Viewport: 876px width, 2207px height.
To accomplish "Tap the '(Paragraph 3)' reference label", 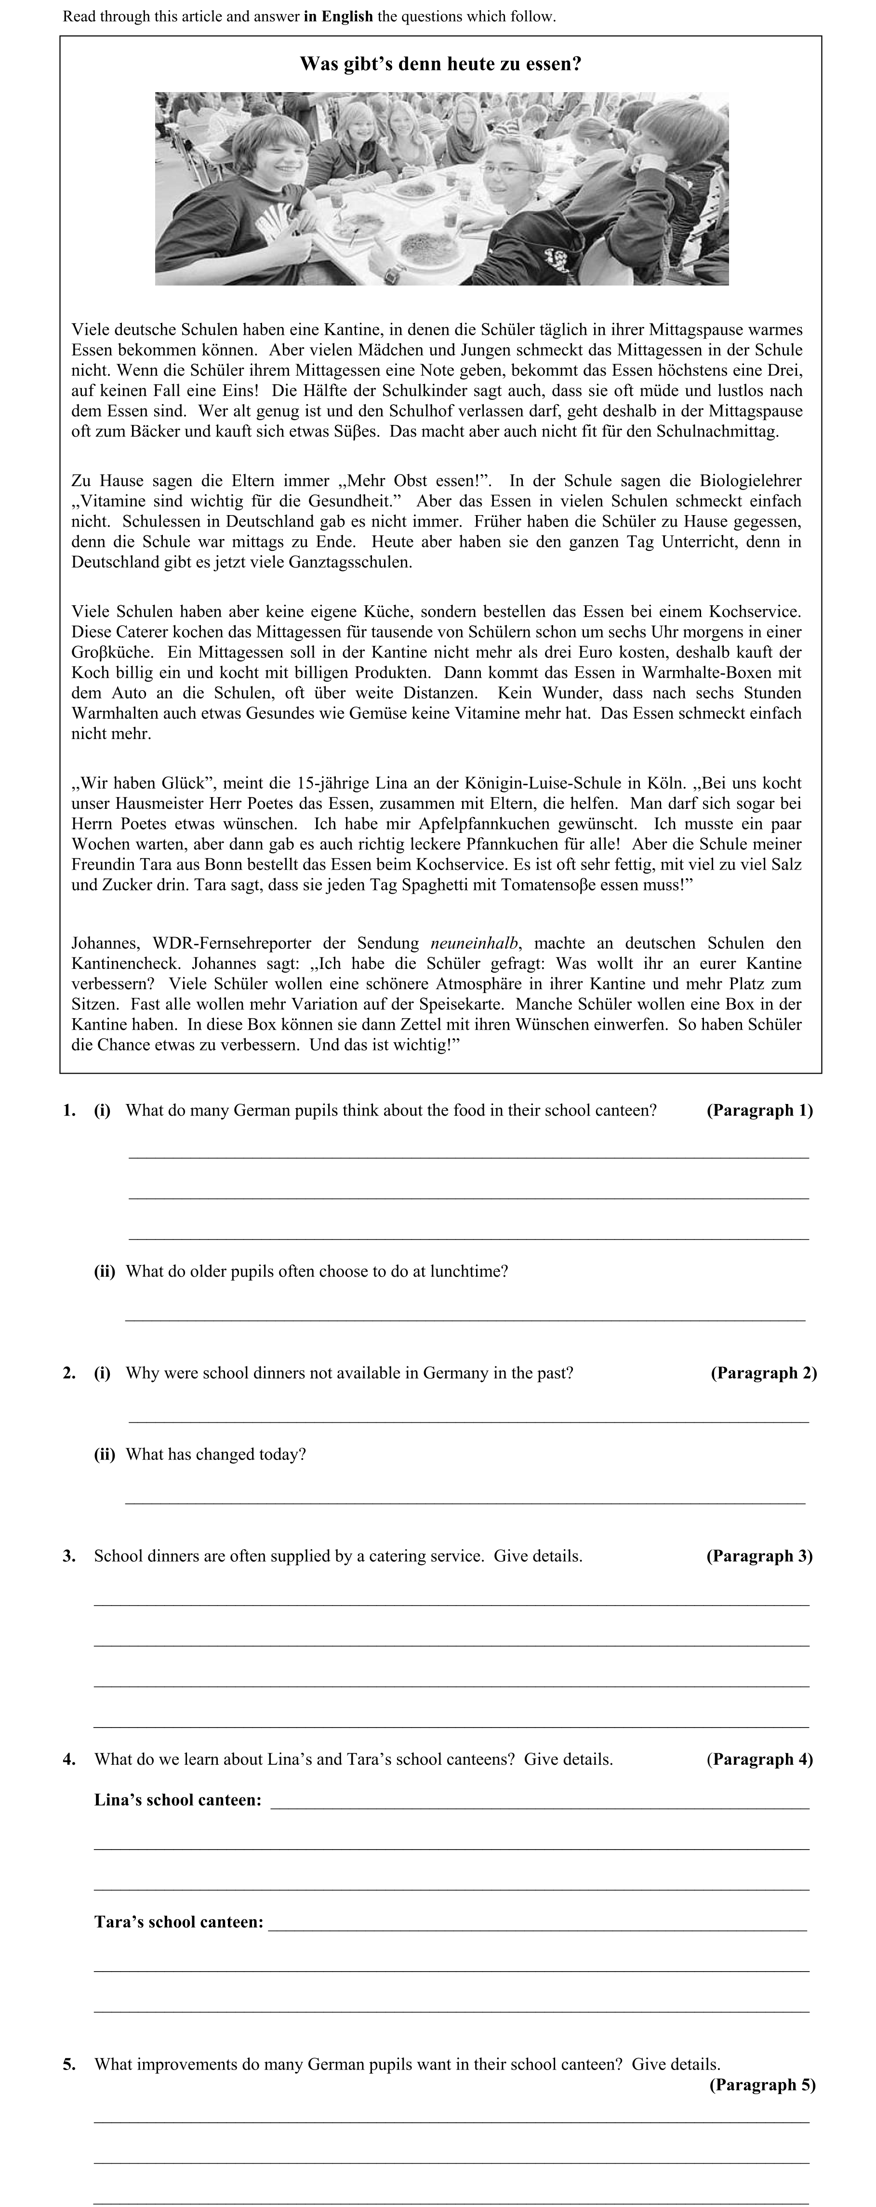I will (759, 1556).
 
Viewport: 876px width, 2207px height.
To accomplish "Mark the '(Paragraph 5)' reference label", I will (762, 2084).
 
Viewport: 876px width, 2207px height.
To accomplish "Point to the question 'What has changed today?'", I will (216, 1454).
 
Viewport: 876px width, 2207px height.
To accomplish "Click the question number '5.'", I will (69, 2064).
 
